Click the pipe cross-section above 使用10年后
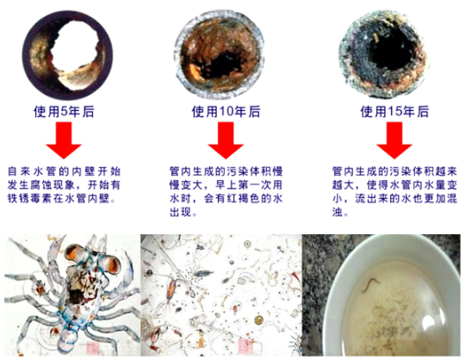220,56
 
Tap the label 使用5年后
64,111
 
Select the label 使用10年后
226,111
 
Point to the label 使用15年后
394,111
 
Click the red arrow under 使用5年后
64,140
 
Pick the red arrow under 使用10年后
226,140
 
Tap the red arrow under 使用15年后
394,140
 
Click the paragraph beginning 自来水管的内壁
64,185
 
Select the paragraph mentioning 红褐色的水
226,191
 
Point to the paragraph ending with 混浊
394,191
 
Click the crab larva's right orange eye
110,265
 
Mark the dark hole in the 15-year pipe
387,51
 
